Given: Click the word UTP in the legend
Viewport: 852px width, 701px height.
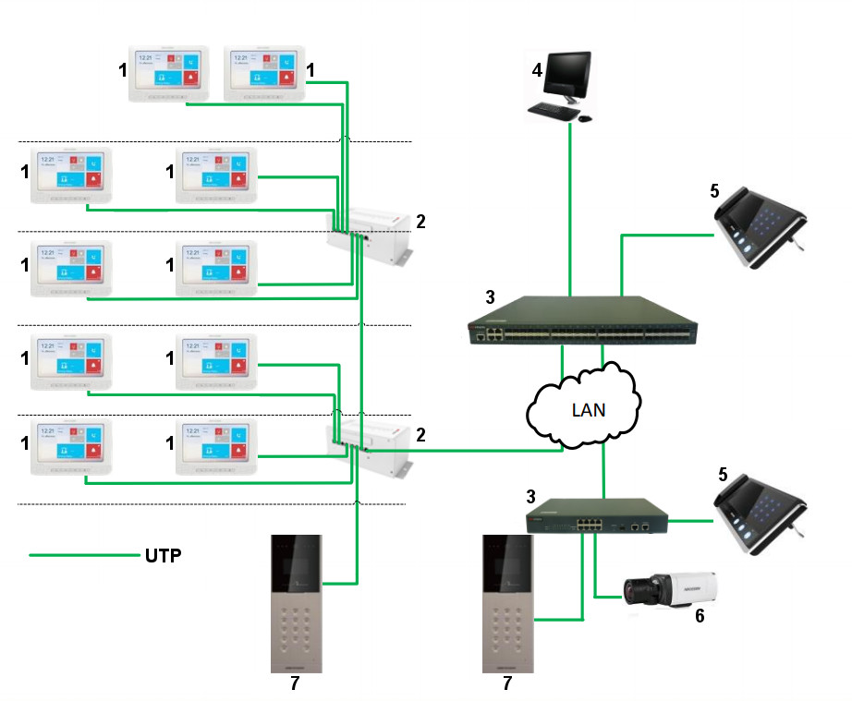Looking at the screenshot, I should click(x=163, y=556).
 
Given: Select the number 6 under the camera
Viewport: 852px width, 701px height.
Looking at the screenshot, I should click(x=700, y=616).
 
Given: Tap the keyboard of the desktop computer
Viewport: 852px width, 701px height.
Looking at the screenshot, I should click(x=552, y=112).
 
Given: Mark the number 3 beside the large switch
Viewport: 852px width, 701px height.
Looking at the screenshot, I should click(x=490, y=297).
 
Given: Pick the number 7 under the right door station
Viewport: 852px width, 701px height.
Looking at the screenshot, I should click(x=506, y=683).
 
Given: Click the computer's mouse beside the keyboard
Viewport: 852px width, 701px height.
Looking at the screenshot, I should click(x=585, y=117).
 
